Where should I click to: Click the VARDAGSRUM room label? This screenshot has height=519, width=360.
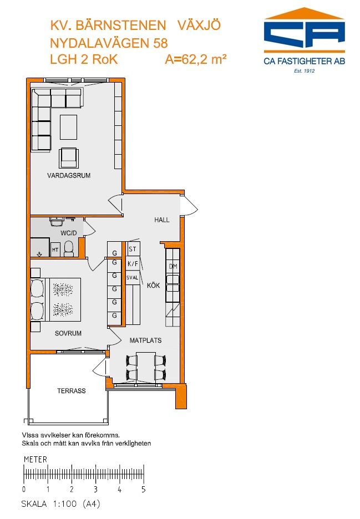coord(69,175)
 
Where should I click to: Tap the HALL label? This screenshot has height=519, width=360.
coord(161,220)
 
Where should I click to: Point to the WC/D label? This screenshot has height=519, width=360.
coord(69,233)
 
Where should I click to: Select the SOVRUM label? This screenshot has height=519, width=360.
coord(68,333)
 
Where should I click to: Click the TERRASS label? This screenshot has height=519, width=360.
coord(71,391)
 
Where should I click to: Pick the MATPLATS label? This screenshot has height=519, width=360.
coord(145,340)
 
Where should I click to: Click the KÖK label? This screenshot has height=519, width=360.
coord(153,286)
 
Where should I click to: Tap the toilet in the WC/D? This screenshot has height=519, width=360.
coord(69,249)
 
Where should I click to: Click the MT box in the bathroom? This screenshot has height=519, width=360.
coord(55,250)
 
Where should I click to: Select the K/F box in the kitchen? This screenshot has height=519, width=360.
coord(133,264)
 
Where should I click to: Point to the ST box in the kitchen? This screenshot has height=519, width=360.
coord(133,249)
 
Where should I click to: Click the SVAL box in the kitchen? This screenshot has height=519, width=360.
coord(133,278)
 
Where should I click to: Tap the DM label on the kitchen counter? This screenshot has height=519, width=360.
coord(173,267)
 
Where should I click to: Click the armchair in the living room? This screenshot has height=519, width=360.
coord(69,157)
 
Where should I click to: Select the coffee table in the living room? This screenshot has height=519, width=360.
coord(69,127)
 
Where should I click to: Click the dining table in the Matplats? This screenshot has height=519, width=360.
coord(146,368)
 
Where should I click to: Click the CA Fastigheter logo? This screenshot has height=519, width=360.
coord(304,40)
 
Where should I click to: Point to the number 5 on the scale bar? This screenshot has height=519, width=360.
coord(144,489)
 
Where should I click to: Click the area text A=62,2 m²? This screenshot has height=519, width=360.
coord(196,59)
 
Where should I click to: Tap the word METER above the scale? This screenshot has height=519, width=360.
coord(36,460)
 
